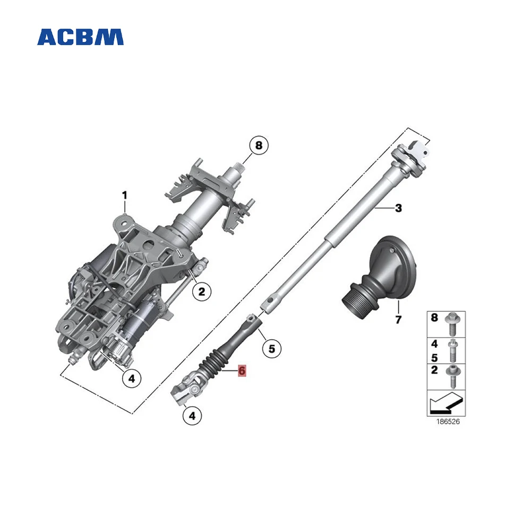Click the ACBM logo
pyautogui.click(x=80, y=37)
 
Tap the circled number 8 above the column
pyautogui.click(x=259, y=145)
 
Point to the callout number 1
pyautogui.click(x=125, y=195)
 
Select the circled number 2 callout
pyautogui.click(x=201, y=290)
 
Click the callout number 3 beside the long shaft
pyautogui.click(x=398, y=209)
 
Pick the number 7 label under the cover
pyautogui.click(x=398, y=320)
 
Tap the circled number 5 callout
pyautogui.click(x=271, y=349)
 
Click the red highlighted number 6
pyautogui.click(x=242, y=371)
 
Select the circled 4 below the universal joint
pyautogui.click(x=192, y=416)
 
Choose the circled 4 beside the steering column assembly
pyautogui.click(x=132, y=379)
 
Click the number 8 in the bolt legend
pyautogui.click(x=434, y=319)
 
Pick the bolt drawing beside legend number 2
pyautogui.click(x=453, y=375)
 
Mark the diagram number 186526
pyautogui.click(x=446, y=423)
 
